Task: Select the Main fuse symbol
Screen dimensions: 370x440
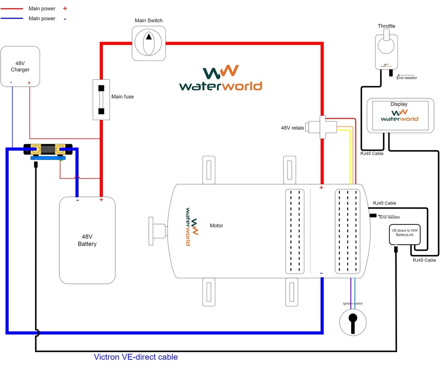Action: pos(101,100)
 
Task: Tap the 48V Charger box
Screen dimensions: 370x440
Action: pos(20,66)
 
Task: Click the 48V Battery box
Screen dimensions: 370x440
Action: pos(87,240)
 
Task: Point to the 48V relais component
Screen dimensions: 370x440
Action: pos(322,127)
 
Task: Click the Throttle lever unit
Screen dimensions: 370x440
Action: pos(386,50)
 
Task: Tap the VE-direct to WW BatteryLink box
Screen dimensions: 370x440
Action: pos(404,235)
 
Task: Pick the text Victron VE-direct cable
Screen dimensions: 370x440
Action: pos(135,357)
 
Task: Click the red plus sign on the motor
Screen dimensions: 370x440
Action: pos(321,188)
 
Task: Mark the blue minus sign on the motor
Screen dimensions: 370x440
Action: pos(321,273)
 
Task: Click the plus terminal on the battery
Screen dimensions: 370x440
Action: pos(101,200)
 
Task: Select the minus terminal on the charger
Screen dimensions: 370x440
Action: pos(12,83)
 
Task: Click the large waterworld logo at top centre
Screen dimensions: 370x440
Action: pos(220,79)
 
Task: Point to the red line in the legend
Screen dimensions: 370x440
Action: pos(13,9)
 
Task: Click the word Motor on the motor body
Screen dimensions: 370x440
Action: pos(217,225)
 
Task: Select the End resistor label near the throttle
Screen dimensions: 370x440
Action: pos(406,78)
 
